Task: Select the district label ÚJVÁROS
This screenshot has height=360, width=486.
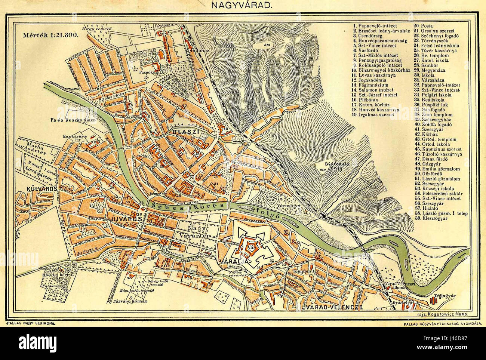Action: [128, 218]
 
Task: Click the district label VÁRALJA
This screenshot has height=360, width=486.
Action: [234, 261]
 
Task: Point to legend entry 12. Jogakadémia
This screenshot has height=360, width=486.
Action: [370, 80]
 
